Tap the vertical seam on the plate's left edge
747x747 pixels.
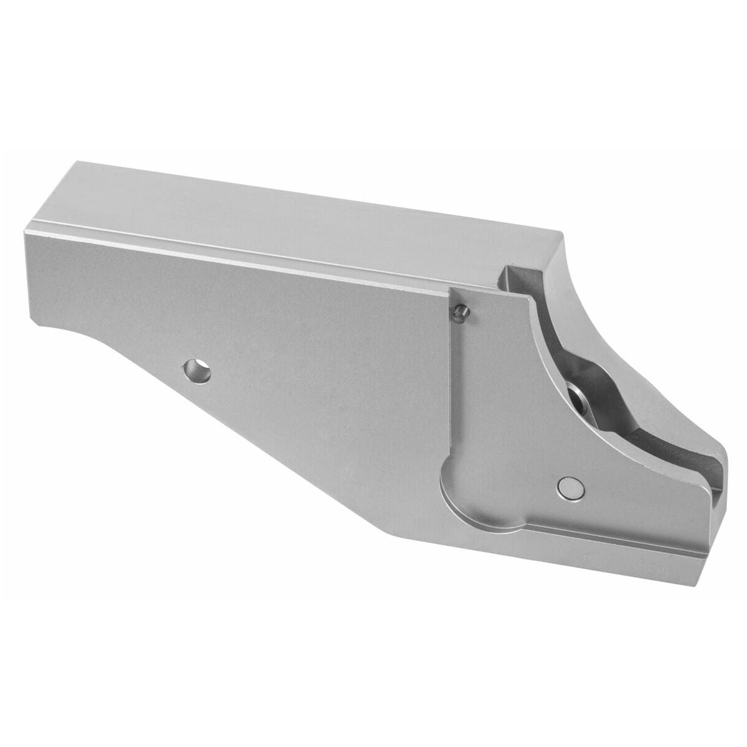(450, 386)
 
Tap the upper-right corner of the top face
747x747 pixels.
(563, 235)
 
